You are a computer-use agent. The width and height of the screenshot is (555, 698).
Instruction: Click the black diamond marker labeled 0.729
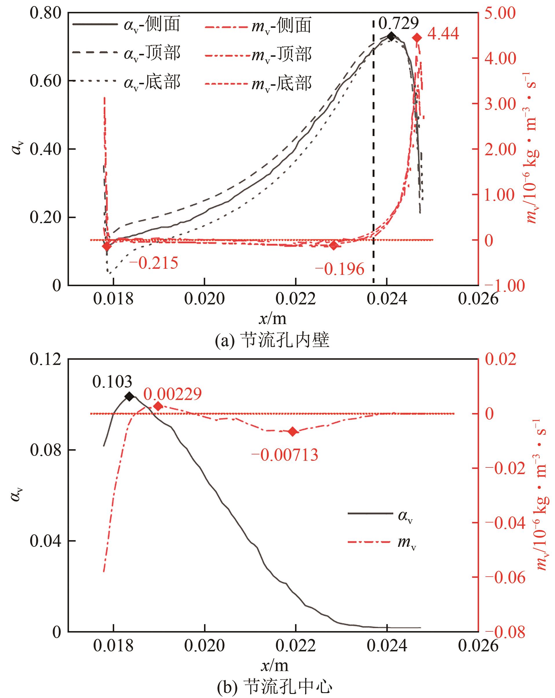coord(391,36)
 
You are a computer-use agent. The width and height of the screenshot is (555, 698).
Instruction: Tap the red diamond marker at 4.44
coord(417,38)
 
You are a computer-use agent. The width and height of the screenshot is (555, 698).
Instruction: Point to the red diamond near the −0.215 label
coord(107,246)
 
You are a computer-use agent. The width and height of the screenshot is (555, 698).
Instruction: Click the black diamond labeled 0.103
coord(129,396)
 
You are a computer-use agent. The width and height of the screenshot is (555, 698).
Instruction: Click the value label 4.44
coord(443,34)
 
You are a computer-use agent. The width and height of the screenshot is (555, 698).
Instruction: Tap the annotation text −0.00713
coord(285,455)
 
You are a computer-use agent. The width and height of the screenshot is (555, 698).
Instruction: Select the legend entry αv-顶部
coord(126,53)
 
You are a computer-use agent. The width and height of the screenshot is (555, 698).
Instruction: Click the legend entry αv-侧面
coord(126,25)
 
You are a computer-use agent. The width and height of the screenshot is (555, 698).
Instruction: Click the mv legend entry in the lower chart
coord(382,542)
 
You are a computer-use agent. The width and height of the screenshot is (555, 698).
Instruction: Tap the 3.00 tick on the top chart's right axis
coord(500,104)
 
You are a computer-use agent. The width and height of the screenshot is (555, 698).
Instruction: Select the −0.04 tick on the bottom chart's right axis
coord(505,522)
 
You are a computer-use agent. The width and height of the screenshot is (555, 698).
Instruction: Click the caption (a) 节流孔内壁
coord(272,340)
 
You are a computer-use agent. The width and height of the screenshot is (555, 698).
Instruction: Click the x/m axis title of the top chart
coord(273,319)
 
